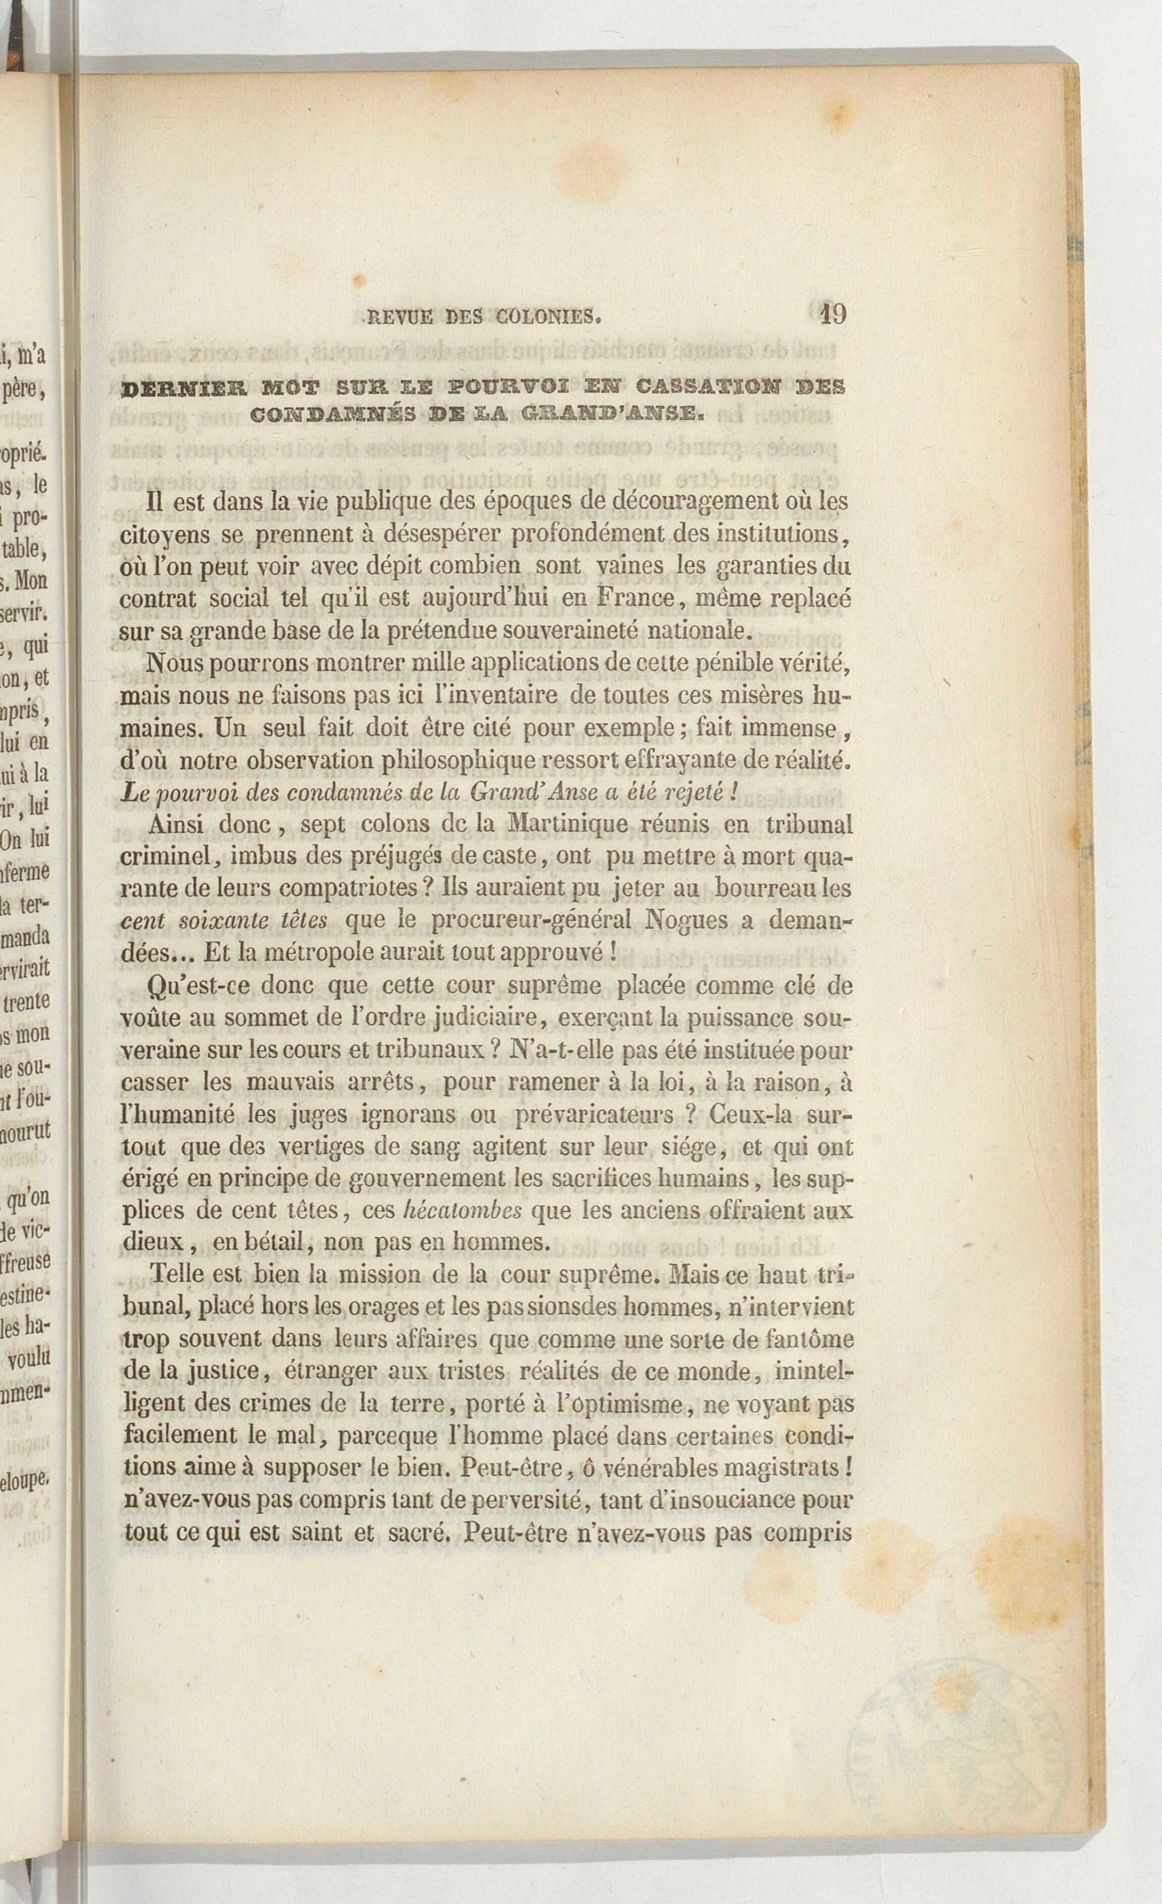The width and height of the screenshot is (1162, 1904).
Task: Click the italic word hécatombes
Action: tap(463, 1210)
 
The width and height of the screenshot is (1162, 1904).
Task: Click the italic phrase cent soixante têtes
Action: tap(225, 921)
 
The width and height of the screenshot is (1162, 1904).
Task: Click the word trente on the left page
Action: tap(26, 1003)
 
